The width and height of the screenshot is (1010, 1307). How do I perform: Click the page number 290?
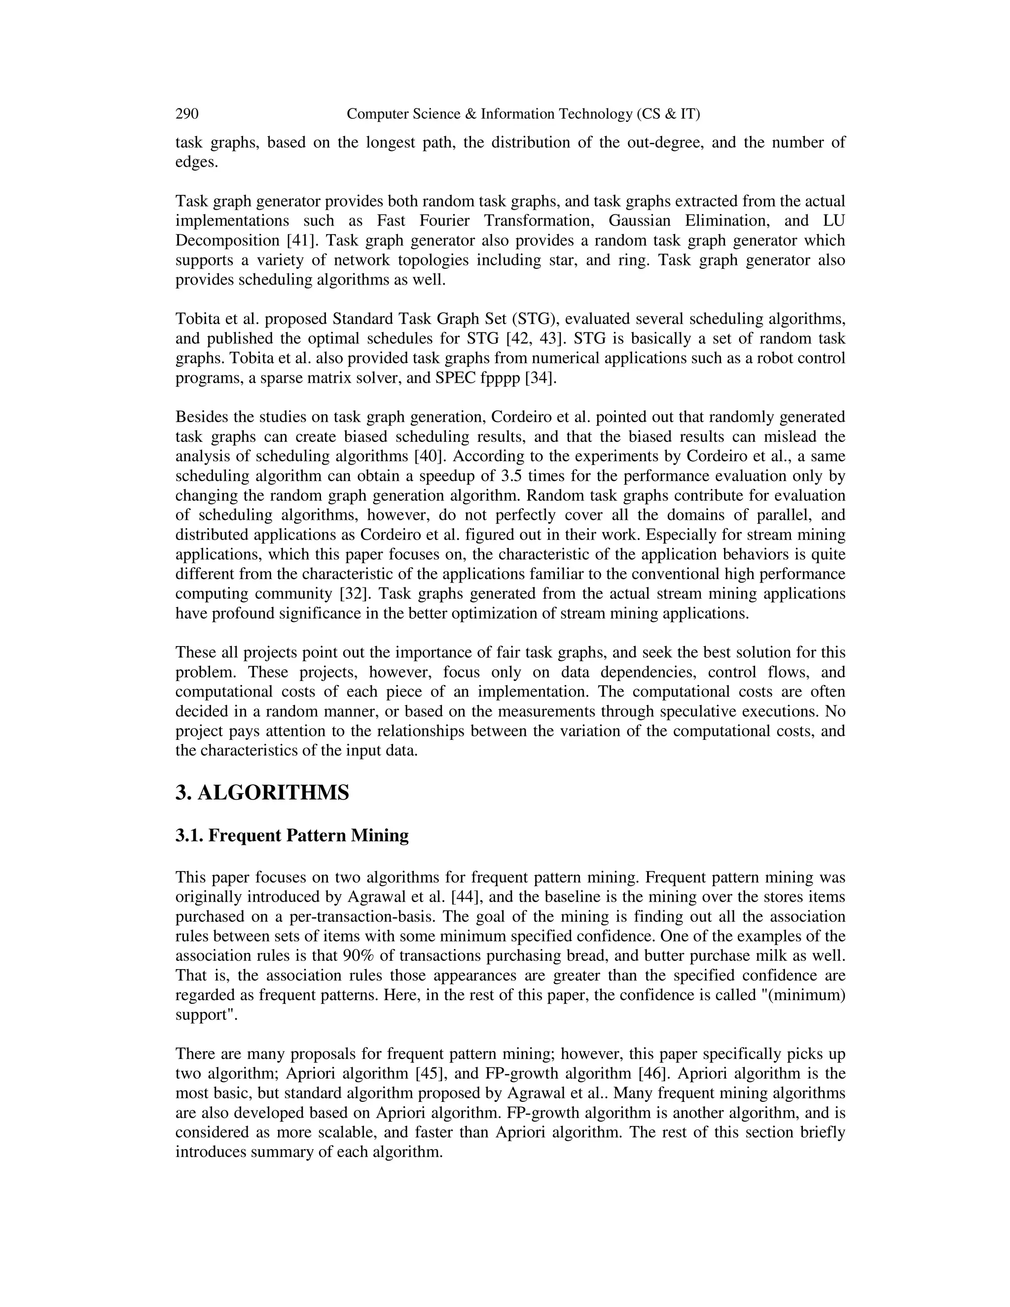point(187,114)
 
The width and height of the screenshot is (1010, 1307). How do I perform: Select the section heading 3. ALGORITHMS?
point(262,793)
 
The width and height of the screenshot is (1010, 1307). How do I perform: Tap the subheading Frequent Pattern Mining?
point(308,835)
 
